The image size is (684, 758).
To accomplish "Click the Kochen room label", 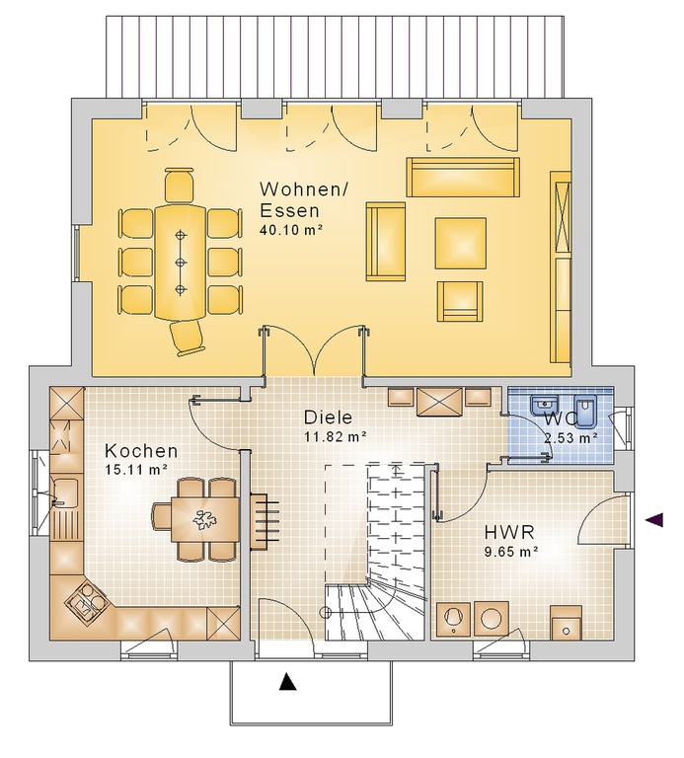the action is coord(141,451).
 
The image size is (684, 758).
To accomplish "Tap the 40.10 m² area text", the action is coord(291,230).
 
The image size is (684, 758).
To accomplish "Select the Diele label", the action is coord(329,417).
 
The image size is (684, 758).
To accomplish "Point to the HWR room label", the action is coord(509,532).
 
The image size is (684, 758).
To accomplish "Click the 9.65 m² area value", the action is coord(511,551).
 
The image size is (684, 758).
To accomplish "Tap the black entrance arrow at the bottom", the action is coord(287,682).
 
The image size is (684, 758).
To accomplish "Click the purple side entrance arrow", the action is coord(654,520).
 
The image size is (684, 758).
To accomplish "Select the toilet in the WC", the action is coord(586,411).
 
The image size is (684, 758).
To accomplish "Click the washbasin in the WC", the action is coord(545,405).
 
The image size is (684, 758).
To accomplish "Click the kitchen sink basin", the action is coord(64,492).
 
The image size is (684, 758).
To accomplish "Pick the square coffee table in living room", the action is coord(460,243).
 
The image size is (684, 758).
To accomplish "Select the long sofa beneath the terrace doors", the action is coord(463,177).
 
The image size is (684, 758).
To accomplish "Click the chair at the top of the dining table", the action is coord(180,185).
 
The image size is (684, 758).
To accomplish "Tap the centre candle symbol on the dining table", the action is coord(181,262).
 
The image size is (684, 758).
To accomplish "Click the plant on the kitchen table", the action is coord(204,520).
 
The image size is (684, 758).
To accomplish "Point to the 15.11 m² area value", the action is coord(136,469).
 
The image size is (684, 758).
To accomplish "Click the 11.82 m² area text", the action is coord(335,436).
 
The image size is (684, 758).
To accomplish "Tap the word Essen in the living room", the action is coord(289,211).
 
